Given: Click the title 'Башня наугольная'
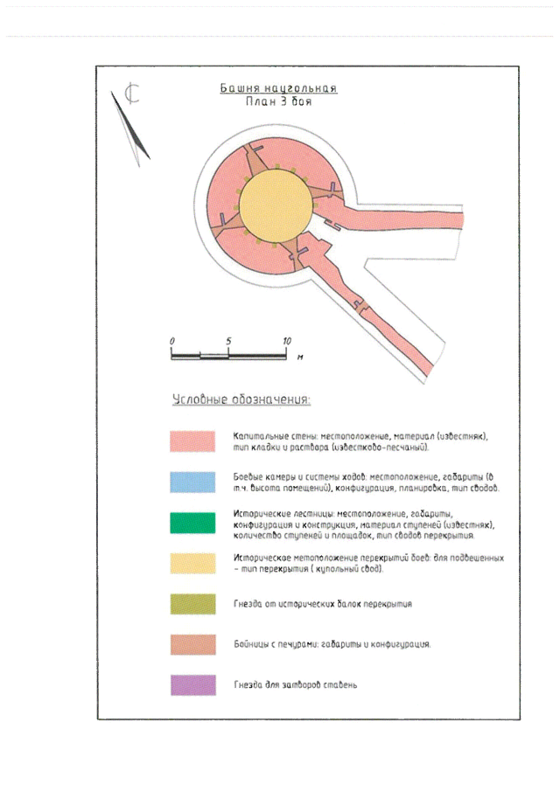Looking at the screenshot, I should (278, 88).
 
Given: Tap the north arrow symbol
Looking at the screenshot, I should (132, 122).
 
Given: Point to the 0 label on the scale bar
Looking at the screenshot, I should (172, 340).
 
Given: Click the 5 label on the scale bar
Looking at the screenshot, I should (227, 340).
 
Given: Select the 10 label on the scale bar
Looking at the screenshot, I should (285, 340).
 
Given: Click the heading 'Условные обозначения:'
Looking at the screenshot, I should (241, 400).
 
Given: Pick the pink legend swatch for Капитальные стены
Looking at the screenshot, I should (193, 441).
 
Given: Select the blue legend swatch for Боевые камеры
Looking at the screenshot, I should (193, 482).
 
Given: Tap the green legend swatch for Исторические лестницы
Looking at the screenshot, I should (193, 522).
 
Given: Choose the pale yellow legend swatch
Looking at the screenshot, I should (193, 563).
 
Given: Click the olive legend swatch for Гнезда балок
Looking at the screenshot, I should (193, 604).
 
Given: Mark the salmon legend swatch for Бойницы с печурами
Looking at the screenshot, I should (193, 644).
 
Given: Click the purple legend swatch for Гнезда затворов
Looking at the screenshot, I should (193, 684).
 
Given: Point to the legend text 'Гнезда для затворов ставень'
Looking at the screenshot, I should (296, 684).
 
